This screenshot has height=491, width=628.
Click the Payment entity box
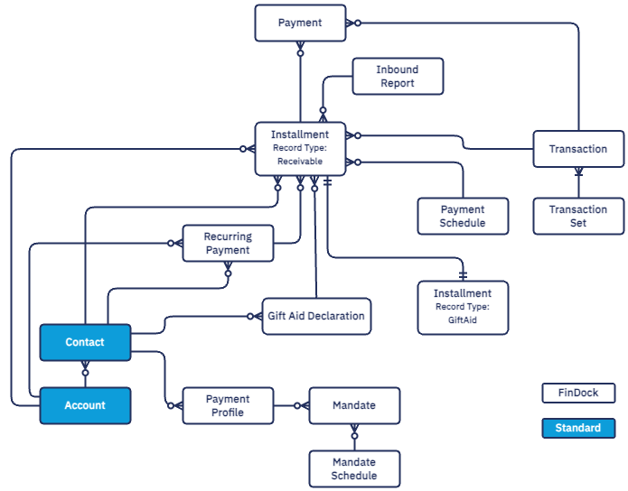point(300,23)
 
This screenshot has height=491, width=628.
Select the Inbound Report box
point(398,77)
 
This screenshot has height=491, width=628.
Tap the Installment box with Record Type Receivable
point(300,148)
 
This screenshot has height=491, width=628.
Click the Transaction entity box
point(578,149)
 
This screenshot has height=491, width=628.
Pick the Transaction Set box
point(578,217)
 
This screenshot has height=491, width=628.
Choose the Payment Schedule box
point(463,217)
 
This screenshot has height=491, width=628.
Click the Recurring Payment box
point(228,243)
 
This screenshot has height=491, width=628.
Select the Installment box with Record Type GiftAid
point(463,307)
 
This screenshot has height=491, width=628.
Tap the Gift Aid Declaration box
point(316,316)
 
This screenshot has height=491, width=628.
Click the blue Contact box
point(85,342)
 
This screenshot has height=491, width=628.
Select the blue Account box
point(85,405)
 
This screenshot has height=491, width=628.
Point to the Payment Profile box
point(228,405)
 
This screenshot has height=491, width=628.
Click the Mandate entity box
point(354,405)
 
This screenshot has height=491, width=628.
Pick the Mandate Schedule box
point(354,468)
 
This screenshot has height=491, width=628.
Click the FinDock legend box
point(578,393)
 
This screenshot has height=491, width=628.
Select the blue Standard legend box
point(578,428)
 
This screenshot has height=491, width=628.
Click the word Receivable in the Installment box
point(300,162)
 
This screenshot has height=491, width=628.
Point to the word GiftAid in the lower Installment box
point(463,320)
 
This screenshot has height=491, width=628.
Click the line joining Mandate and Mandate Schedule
point(354,437)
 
